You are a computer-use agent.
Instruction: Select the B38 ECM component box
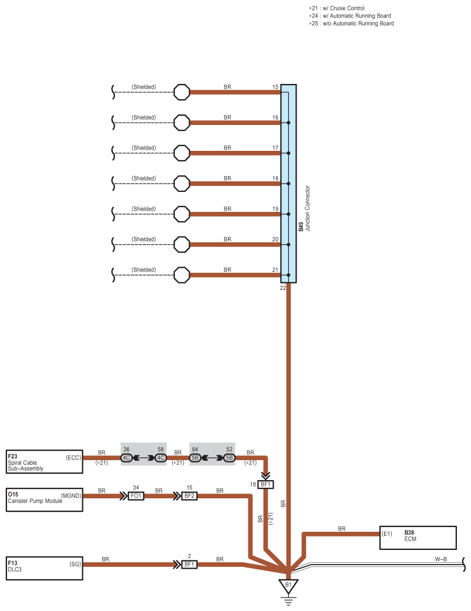coord(418,538)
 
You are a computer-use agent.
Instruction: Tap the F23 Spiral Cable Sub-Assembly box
coord(45,462)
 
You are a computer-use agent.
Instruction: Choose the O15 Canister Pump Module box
coord(45,499)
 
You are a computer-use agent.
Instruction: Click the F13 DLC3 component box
coord(45,568)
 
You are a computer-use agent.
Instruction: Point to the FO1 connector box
coord(136,496)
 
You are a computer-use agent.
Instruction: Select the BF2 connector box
coord(189,496)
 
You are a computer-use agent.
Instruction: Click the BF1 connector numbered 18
coord(265,484)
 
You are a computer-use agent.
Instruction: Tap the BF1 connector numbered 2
coord(189,564)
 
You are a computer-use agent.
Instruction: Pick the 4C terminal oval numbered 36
coord(126,458)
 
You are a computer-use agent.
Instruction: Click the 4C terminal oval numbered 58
coord(161,458)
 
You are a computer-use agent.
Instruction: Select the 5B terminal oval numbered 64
coord(195,458)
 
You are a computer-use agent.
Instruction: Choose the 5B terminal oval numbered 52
coord(229,458)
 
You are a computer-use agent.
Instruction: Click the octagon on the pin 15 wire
coord(181,92)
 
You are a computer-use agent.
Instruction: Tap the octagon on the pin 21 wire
coord(181,275)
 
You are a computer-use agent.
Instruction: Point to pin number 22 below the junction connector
coord(282,288)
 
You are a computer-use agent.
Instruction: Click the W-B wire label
coord(441,559)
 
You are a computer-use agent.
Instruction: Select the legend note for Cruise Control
coord(337,8)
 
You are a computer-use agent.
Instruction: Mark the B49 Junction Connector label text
coord(304,208)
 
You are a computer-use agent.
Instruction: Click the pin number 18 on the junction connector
coord(275,178)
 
